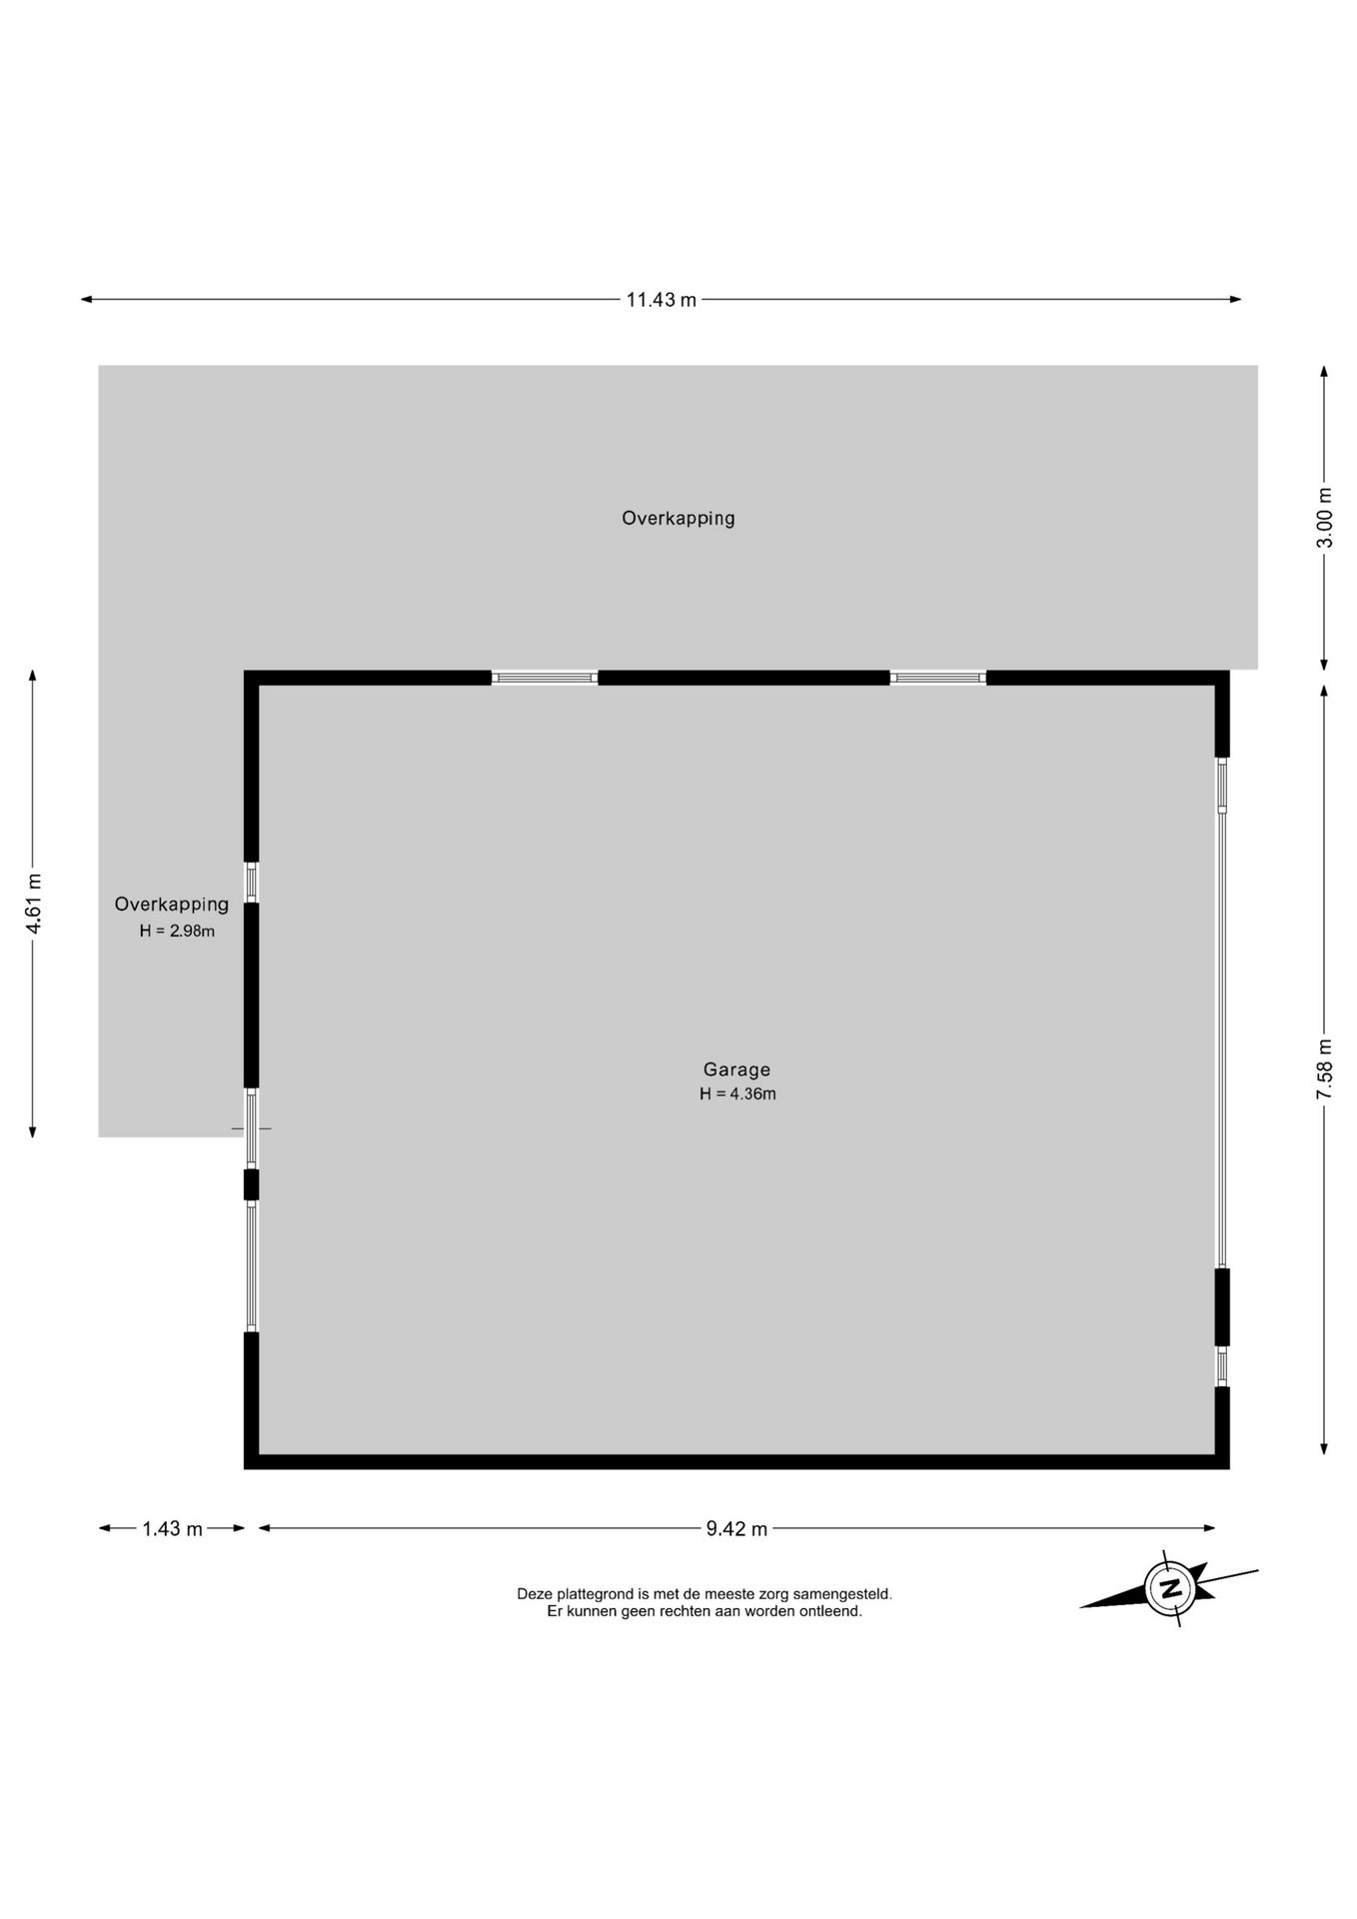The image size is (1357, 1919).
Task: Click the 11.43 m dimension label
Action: pos(661,300)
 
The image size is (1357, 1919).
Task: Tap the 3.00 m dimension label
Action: pos(1324,518)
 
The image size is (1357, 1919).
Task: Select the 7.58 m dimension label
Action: pos(1324,1069)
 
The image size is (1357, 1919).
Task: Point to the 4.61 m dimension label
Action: pos(34,905)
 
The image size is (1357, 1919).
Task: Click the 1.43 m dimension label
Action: pos(172,1528)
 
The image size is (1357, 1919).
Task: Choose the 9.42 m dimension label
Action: pos(736,1528)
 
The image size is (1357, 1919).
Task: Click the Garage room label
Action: pos(736,1069)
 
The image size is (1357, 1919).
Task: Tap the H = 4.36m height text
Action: pos(737,1093)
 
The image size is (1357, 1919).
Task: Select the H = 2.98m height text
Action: pos(177,931)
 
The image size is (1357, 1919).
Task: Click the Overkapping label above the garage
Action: pos(678,519)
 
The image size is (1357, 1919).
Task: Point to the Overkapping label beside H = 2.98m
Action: pos(172,905)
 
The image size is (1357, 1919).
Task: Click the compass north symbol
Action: pos(1170,1587)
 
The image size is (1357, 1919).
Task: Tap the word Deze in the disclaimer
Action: pos(535,1594)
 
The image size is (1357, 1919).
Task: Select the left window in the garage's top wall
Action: pos(545,678)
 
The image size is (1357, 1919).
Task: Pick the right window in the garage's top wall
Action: pos(938,678)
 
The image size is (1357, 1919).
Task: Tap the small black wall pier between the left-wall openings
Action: pos(252,1184)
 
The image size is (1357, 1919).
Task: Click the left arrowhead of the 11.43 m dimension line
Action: pos(87,299)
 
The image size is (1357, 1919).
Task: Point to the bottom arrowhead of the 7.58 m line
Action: pos(1324,1448)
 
